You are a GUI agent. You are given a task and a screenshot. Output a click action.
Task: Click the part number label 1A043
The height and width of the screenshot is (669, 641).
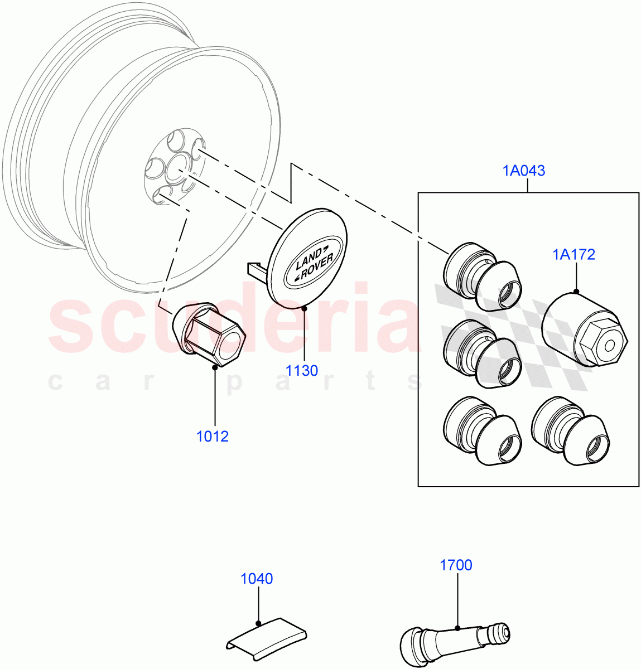524,171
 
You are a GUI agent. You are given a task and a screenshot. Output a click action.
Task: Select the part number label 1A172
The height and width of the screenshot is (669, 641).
573,255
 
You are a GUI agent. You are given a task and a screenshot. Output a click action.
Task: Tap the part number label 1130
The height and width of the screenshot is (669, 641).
302,370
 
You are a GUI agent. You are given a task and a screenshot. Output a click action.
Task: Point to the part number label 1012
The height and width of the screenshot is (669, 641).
213,436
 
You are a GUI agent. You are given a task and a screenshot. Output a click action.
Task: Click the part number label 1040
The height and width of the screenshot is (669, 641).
257,579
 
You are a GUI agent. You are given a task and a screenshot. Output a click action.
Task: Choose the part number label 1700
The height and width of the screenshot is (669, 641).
456,565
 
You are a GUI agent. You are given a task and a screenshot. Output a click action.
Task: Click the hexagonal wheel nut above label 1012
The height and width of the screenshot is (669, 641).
209,334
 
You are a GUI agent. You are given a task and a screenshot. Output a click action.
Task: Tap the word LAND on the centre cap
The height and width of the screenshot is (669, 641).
307,258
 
